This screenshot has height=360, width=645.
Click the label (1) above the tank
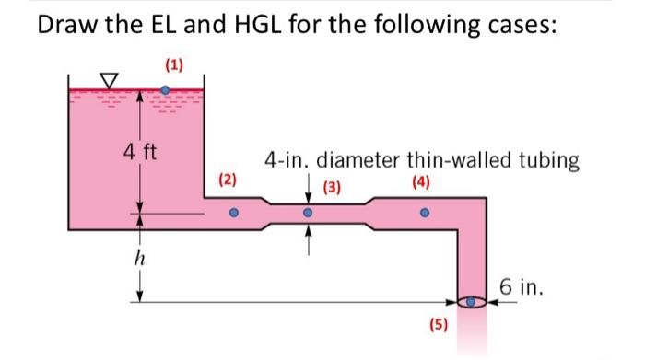click(x=174, y=65)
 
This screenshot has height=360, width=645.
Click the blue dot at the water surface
click(x=166, y=90)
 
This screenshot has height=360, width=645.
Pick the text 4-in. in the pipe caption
click(x=285, y=161)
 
